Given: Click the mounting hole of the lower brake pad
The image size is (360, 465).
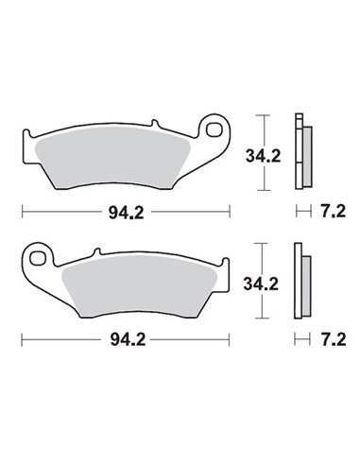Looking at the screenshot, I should coord(39,254).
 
